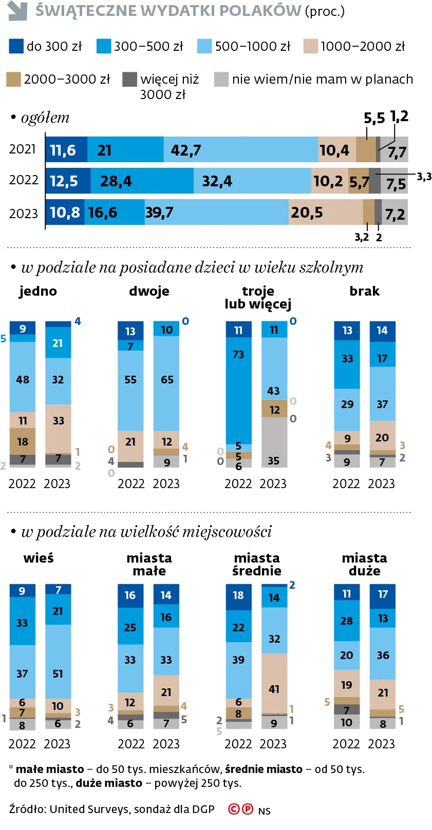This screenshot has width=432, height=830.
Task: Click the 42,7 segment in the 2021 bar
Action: [240, 150]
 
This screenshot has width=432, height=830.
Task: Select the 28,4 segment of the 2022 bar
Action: [142, 181]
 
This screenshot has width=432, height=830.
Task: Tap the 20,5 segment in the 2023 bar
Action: [326, 213]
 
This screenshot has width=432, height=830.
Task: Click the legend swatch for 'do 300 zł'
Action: [16, 46]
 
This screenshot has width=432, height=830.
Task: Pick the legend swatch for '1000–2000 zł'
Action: [310, 46]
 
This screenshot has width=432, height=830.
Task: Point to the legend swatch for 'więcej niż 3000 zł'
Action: [129, 79]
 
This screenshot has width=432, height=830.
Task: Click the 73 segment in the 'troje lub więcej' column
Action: [238, 390]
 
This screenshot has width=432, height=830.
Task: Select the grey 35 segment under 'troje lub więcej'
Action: [274, 441]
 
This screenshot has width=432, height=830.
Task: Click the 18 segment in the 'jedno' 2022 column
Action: [23, 441]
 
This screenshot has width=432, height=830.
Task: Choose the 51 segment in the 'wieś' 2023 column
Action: [58, 661]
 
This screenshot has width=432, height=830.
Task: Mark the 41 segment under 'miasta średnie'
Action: [274, 683]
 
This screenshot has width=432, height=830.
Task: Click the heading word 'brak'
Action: [364, 291]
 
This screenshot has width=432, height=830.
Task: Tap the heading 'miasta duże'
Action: [364, 564]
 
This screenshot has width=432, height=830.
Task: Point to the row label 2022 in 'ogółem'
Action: [24, 180]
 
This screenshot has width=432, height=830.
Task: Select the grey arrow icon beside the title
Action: [17, 10]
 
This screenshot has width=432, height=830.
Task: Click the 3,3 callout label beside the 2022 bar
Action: [424, 177]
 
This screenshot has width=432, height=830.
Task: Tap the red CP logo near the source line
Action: [240, 809]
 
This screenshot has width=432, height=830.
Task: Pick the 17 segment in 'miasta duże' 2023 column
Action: [383, 594]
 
